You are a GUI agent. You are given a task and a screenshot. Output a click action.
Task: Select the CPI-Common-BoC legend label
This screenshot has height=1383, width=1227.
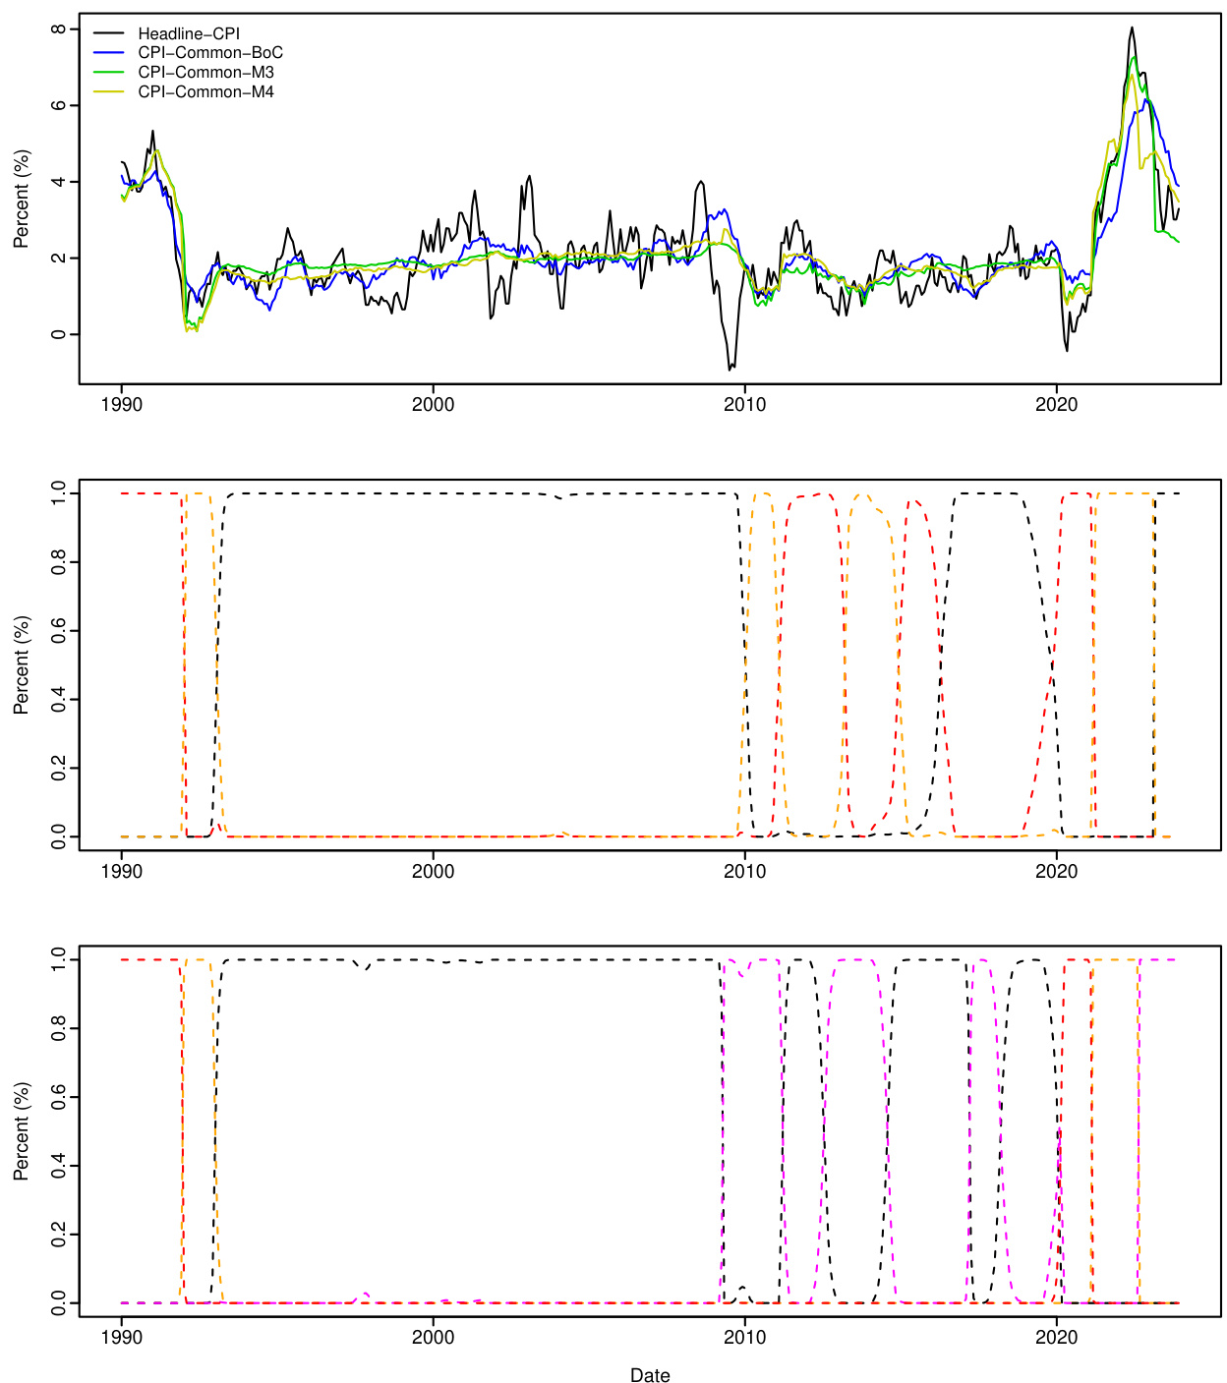click(209, 53)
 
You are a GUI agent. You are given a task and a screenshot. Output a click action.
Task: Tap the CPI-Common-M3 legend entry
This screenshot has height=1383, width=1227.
click(205, 73)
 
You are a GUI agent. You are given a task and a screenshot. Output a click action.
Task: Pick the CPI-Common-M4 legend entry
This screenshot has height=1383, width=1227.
click(205, 92)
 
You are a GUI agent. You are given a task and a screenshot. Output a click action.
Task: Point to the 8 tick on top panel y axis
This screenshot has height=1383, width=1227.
click(59, 29)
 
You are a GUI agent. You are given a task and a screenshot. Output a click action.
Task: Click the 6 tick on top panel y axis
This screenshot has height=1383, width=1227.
click(59, 105)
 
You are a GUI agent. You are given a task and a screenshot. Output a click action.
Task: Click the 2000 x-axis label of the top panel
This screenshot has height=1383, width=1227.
click(433, 405)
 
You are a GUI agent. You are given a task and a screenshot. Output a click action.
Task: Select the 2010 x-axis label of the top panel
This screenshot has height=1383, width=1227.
click(744, 405)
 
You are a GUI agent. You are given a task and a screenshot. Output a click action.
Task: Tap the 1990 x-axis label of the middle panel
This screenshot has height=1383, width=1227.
click(122, 872)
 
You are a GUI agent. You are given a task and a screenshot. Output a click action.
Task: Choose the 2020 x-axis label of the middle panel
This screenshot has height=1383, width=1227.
click(1056, 872)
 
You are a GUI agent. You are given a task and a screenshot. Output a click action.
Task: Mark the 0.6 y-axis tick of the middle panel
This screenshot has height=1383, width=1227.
click(59, 630)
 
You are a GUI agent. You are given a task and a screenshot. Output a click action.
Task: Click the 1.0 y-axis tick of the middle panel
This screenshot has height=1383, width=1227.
click(59, 493)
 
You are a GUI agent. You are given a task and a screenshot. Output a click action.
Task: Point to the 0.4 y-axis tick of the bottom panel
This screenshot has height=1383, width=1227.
click(59, 1166)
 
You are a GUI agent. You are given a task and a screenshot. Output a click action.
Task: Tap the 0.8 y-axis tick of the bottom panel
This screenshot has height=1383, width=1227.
click(59, 1028)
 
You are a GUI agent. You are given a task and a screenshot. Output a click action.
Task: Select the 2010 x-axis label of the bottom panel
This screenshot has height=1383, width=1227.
click(744, 1338)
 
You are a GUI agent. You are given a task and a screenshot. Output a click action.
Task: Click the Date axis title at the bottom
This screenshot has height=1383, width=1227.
click(650, 1375)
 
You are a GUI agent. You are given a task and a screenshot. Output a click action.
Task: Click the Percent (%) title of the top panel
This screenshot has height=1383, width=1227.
click(22, 199)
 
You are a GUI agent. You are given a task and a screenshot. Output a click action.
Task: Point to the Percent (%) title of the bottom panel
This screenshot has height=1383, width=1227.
click(22, 1131)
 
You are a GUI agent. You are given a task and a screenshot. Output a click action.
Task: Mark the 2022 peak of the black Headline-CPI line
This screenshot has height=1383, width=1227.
click(1132, 28)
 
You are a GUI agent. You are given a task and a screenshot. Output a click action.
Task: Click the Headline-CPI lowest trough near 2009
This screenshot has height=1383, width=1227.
click(730, 370)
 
